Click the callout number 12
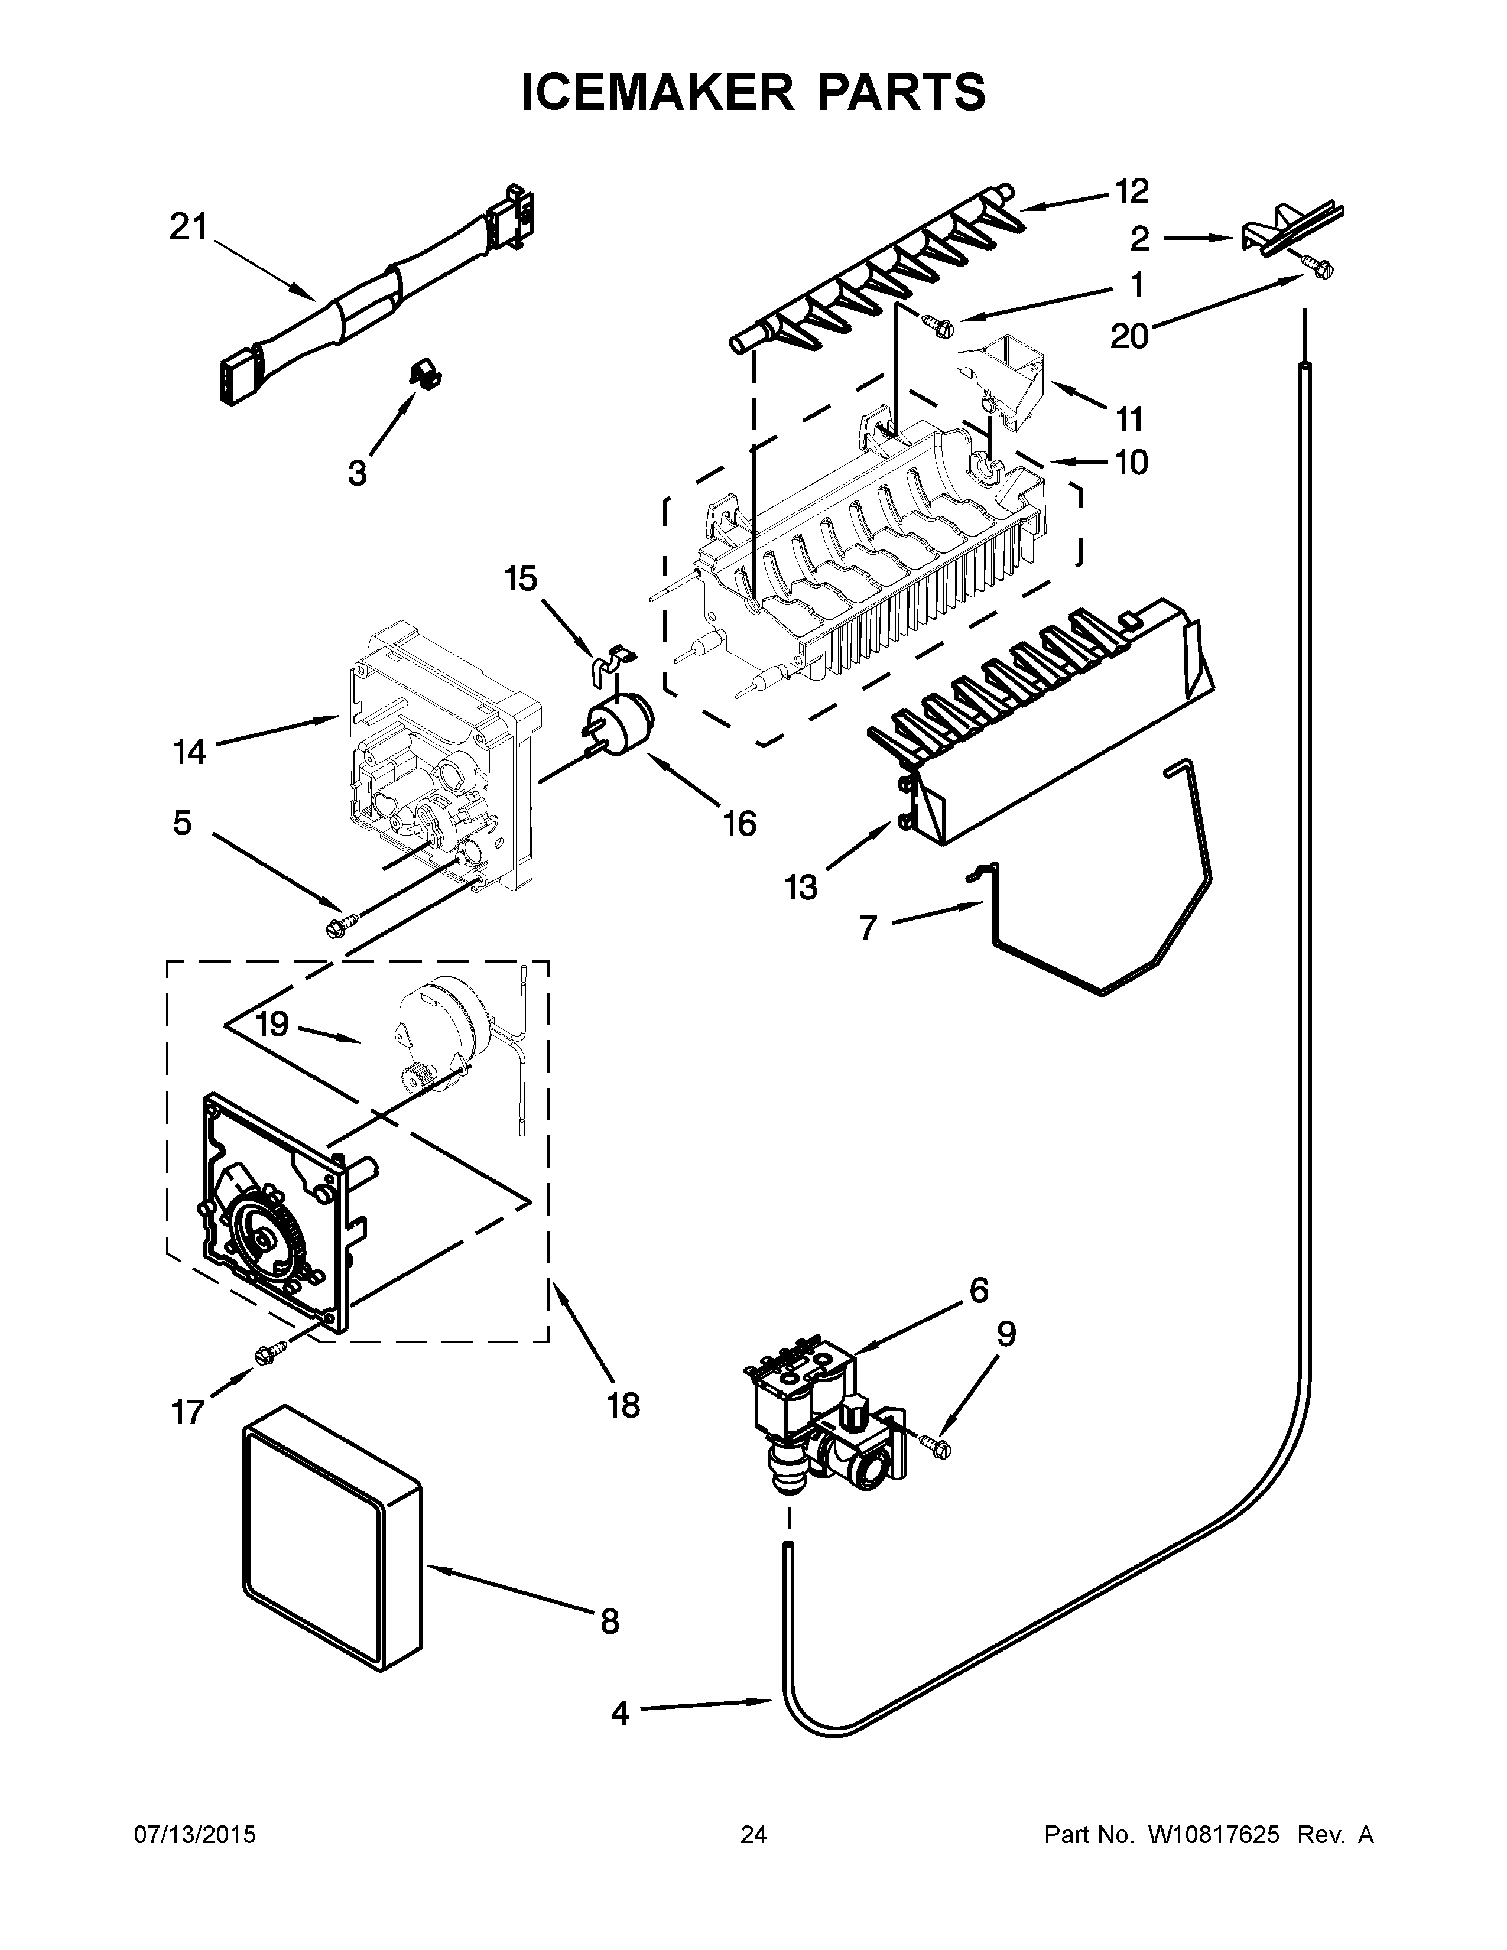(1131, 191)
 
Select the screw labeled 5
(342, 924)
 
